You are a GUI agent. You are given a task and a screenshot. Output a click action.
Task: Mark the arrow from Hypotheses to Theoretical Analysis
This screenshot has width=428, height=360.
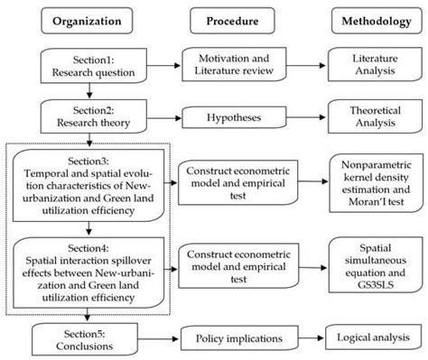tap(307, 115)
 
